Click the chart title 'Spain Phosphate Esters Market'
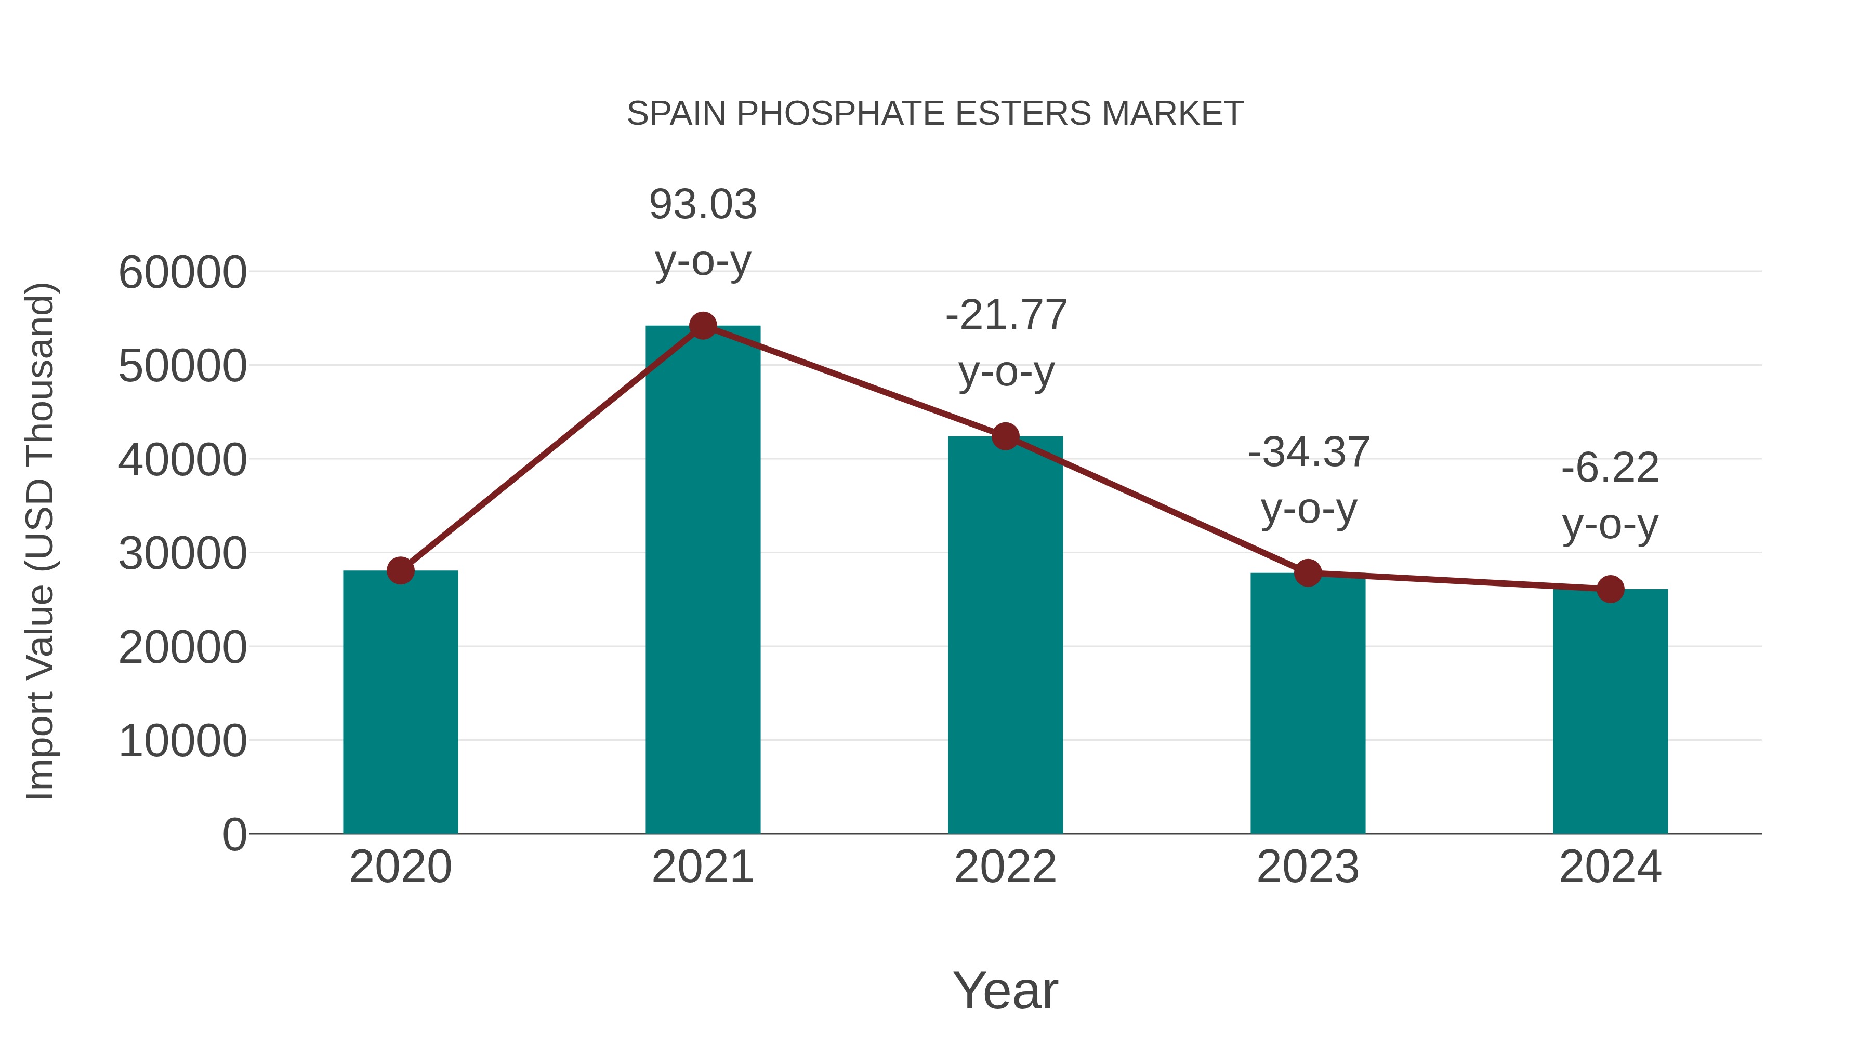935,114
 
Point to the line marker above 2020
400,570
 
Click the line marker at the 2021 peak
702,326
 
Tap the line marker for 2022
1005,436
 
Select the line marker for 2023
1308,573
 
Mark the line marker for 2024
1610,589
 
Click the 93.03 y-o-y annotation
702,232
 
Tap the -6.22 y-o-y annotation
1610,496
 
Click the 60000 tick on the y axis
182,273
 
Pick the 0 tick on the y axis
234,835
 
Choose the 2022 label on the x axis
1005,867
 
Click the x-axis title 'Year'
1005,990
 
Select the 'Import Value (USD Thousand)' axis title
41,541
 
